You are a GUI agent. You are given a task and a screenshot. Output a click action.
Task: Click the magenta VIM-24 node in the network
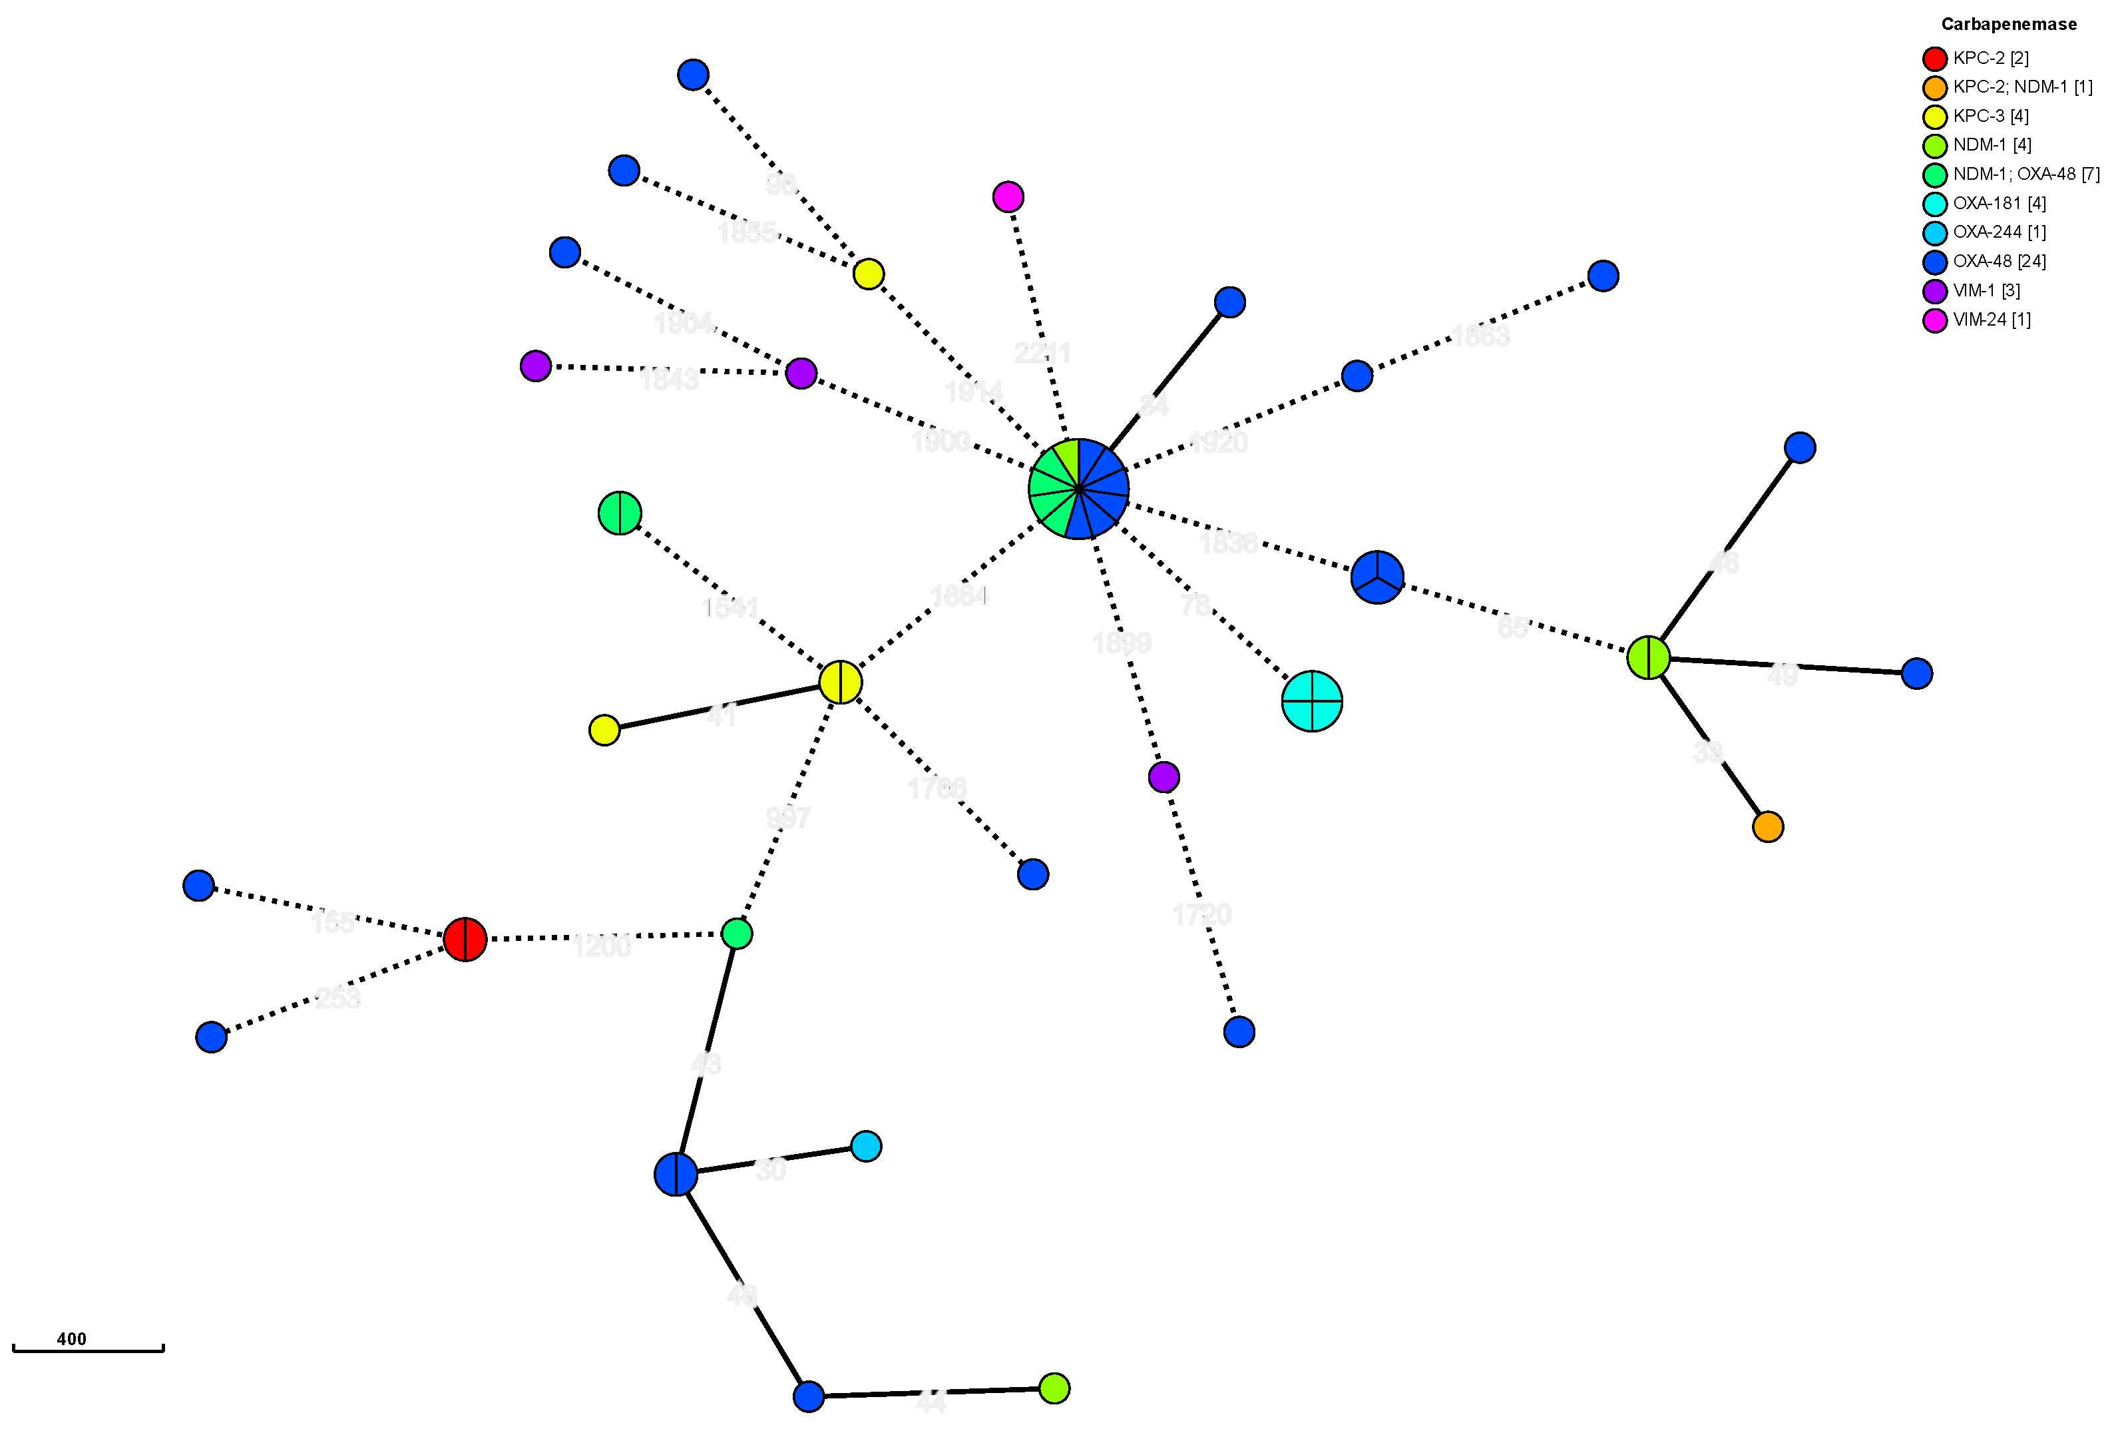(x=1008, y=196)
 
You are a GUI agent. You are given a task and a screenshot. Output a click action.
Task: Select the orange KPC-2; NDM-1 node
(x=1767, y=827)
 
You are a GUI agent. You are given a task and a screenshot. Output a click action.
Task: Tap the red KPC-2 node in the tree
(x=465, y=939)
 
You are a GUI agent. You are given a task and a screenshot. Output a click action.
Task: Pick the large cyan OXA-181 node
(x=1311, y=701)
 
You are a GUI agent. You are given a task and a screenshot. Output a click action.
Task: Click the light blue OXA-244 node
(x=866, y=1146)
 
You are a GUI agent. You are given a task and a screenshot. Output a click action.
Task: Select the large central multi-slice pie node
(x=1078, y=489)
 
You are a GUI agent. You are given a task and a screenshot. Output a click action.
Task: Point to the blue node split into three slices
(x=1376, y=577)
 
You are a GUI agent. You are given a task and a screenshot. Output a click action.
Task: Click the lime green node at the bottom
(x=1054, y=1388)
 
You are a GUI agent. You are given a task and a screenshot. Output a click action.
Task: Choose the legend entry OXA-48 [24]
(x=2000, y=262)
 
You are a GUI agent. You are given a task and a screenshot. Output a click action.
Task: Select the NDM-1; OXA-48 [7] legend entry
(x=2026, y=174)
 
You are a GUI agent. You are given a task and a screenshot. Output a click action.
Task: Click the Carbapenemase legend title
(x=2009, y=25)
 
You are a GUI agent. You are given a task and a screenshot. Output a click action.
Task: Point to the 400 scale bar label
(x=71, y=1339)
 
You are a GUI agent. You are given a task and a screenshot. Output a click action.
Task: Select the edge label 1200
(x=601, y=947)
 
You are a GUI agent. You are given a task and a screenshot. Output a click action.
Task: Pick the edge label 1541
(x=730, y=607)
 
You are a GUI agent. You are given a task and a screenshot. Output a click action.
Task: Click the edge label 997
(x=787, y=818)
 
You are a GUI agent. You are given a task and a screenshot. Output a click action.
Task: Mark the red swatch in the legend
(x=1935, y=59)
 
